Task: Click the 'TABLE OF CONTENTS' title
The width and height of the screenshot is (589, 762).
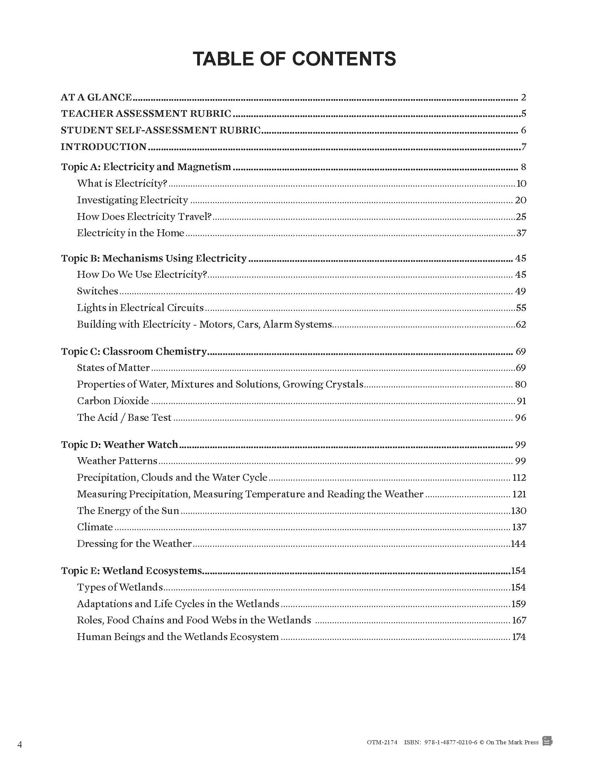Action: click(x=294, y=59)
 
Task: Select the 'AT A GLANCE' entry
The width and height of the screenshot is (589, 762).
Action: click(x=96, y=97)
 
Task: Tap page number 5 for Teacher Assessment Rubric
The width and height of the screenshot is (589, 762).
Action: click(x=524, y=114)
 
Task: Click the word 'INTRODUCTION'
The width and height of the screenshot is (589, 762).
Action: click(x=104, y=147)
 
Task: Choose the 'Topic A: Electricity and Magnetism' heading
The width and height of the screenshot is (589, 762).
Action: click(x=146, y=167)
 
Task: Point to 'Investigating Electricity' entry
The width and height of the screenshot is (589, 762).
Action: click(x=132, y=200)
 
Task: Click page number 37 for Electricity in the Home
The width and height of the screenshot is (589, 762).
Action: click(x=521, y=233)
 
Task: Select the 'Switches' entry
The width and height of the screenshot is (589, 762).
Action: click(x=97, y=291)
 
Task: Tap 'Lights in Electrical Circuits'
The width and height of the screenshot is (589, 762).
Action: click(x=140, y=308)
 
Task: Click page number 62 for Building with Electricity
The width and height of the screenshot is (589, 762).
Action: click(x=521, y=325)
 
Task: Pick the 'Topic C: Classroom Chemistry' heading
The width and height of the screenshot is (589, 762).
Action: click(x=134, y=351)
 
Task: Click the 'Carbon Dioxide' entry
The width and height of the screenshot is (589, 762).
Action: click(x=113, y=401)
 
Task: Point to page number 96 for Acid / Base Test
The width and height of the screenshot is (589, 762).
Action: click(x=520, y=418)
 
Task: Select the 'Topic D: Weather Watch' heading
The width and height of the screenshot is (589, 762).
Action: click(x=119, y=444)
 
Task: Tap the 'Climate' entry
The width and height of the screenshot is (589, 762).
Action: click(x=95, y=527)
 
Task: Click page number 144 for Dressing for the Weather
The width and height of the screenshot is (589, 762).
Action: click(x=518, y=544)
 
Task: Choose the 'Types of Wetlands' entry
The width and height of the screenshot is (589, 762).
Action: click(x=120, y=587)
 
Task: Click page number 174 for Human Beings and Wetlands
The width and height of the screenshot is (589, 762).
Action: click(x=519, y=637)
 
